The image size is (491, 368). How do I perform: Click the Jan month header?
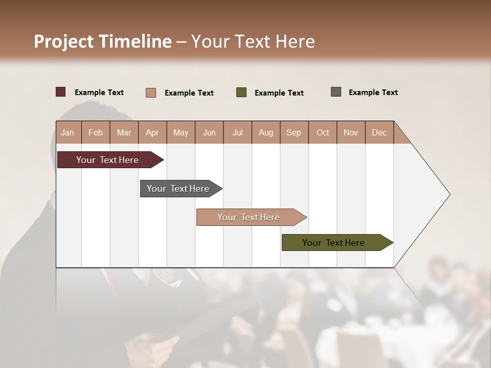68,132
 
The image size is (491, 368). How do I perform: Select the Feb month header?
96,132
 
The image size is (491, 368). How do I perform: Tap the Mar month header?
124,132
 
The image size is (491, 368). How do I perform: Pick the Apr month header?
152,132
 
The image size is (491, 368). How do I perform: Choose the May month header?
181,132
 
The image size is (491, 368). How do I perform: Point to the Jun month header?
209,132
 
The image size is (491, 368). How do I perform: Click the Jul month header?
237,132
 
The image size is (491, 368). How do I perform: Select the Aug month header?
266,132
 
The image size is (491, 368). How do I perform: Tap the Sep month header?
294,132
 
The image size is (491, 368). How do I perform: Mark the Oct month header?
323,132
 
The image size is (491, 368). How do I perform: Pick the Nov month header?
351,132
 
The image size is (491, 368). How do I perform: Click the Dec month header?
380,132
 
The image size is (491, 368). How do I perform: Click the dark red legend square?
61,92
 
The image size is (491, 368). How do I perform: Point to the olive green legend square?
241,93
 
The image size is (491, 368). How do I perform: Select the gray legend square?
336,92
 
